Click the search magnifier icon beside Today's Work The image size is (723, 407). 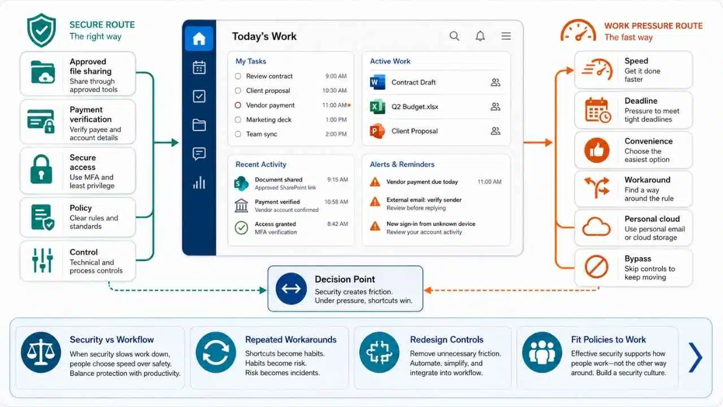tap(454, 36)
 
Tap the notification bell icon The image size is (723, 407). tap(480, 36)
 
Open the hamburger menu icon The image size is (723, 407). tap(506, 36)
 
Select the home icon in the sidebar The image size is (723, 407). tap(199, 39)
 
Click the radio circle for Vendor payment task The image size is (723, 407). tap(238, 105)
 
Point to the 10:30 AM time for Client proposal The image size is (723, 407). tap(334, 91)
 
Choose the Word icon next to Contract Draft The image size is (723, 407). tap(377, 83)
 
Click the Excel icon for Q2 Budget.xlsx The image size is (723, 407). tap(377, 107)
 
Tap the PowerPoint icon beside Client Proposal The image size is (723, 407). tap(377, 131)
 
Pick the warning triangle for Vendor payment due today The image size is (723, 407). tap(374, 182)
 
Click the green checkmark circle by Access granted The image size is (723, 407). tap(241, 228)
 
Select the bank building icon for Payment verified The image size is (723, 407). tap(241, 205)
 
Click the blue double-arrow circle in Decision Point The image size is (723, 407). tap(291, 288)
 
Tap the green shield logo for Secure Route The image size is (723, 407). tap(41, 30)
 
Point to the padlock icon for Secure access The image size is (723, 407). tap(41, 169)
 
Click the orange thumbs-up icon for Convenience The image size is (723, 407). tap(597, 150)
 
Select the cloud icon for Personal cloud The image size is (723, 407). tap(596, 227)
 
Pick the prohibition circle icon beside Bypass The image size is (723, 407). tap(596, 266)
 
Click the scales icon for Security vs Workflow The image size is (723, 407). tap(41, 352)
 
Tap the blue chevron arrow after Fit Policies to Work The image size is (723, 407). tap(695, 357)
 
